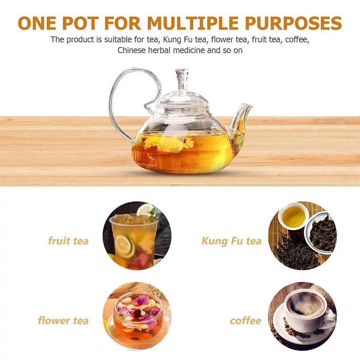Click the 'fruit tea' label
[68, 241]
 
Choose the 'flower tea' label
[63, 320]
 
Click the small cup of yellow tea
[293, 215]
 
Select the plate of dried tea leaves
[322, 233]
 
